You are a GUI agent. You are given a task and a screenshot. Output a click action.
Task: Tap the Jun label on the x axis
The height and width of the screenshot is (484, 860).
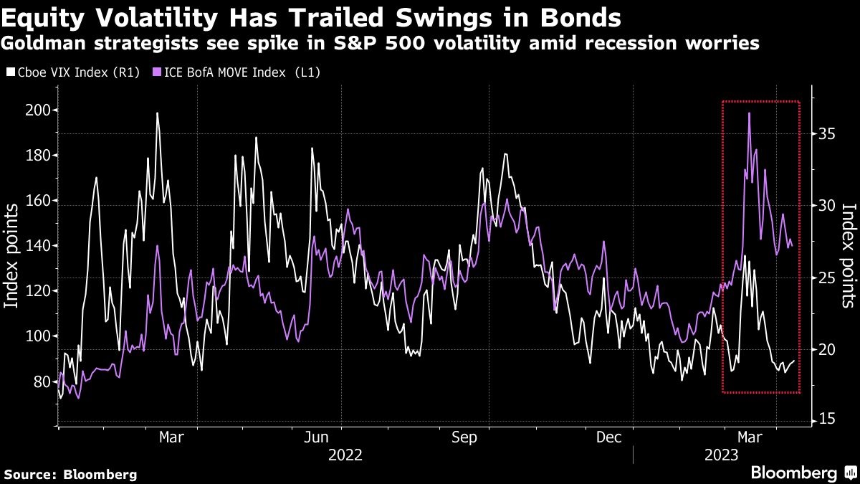(x=317, y=437)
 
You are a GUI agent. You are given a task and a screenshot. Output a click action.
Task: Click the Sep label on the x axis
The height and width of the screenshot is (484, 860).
(x=467, y=437)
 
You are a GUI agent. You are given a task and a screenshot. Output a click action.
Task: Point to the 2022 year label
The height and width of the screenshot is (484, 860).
(x=345, y=455)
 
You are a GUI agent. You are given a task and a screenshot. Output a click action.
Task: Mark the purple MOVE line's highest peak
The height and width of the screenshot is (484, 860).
(x=749, y=113)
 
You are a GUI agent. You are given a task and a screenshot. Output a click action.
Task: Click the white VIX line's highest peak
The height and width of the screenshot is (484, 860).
(x=157, y=113)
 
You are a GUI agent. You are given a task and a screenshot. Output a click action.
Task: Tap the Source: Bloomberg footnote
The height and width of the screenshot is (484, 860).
(x=70, y=474)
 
